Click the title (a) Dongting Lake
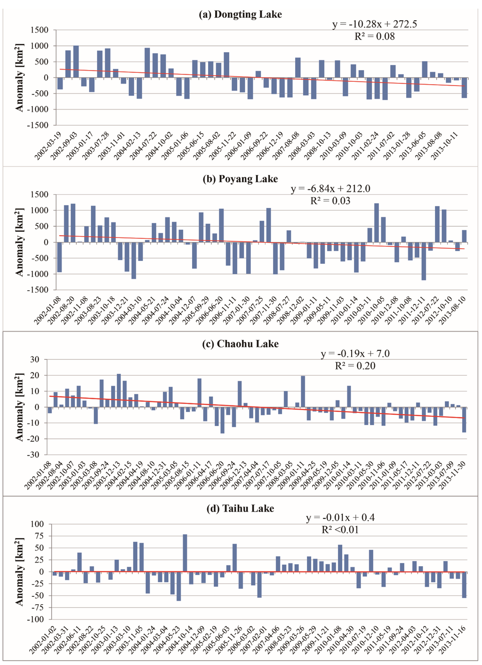pos(241,15)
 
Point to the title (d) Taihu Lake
pos(241,508)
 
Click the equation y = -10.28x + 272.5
pos(375,24)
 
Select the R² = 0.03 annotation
pos(330,201)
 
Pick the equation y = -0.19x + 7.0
pos(355,354)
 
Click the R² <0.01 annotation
pos(340,530)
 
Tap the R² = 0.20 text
pos(355,365)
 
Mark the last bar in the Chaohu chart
pos(464,420)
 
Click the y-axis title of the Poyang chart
pos(20,242)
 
